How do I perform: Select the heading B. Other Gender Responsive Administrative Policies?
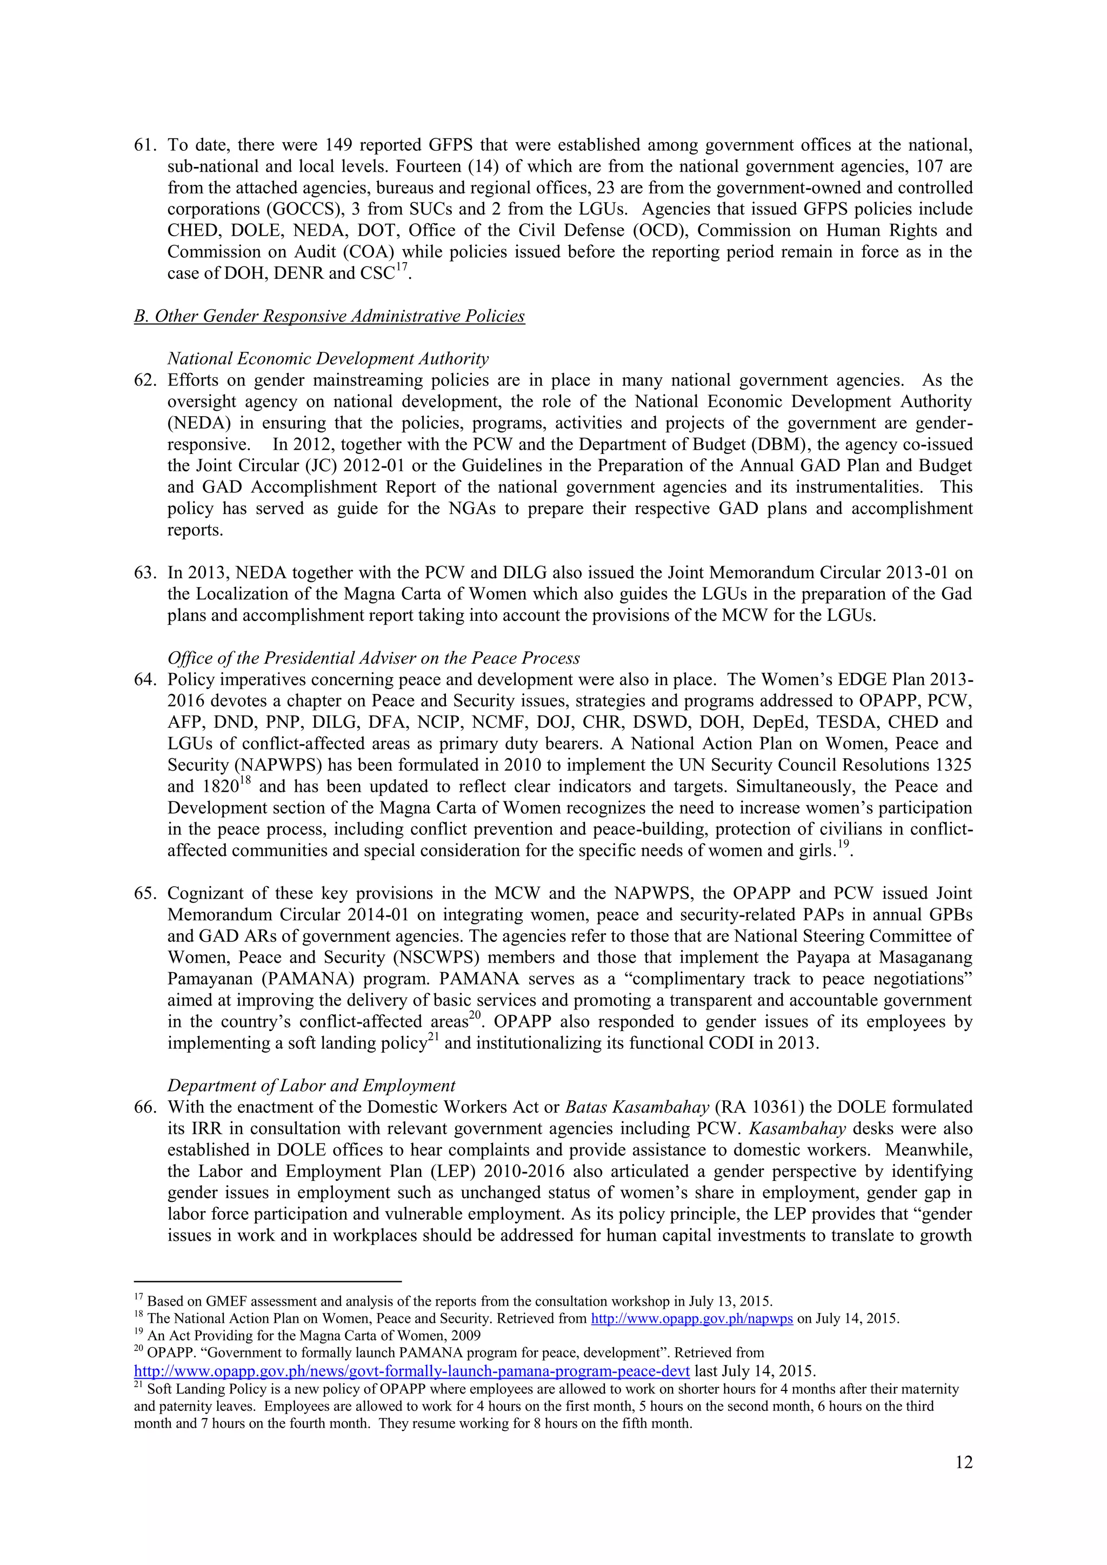[329, 316]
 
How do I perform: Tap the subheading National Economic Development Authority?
[328, 358]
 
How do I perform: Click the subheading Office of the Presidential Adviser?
[374, 658]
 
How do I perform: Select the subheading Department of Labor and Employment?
[311, 1085]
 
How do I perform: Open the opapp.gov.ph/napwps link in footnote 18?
[691, 1318]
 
